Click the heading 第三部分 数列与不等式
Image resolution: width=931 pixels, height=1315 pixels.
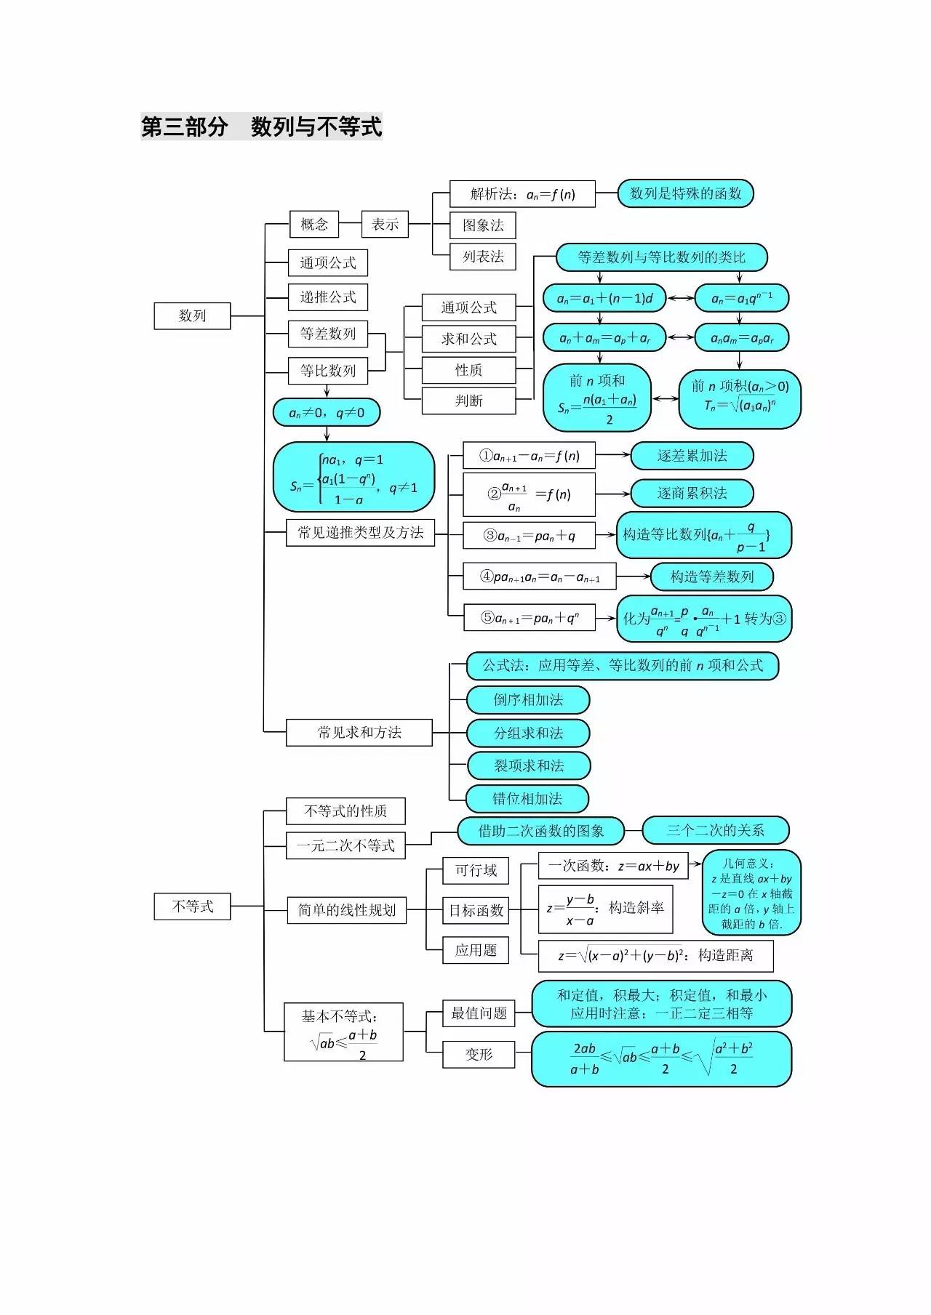pos(261,126)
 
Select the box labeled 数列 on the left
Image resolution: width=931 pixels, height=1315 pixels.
pos(192,315)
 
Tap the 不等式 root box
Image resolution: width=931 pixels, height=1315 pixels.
pos(192,906)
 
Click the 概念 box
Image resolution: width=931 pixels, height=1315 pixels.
pos(314,224)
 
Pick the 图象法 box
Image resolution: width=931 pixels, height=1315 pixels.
pos(483,225)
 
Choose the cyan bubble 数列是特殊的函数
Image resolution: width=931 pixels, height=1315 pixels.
pos(685,193)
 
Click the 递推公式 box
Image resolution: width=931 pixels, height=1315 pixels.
pos(328,297)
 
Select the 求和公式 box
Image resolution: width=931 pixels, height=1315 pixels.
pos(468,339)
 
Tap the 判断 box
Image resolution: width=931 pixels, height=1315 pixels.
pos(468,401)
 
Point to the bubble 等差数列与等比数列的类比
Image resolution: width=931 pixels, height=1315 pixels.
pos(662,257)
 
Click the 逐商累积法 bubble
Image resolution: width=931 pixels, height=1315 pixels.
pos(692,493)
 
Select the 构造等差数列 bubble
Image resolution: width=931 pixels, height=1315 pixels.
pos(711,576)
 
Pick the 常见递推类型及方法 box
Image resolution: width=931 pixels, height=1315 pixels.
pos(360,532)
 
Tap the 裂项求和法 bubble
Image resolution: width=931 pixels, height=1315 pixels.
pos(528,765)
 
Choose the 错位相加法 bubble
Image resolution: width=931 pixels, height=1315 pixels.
pos(527,799)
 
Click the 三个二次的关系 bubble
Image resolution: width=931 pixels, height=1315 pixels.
pos(715,830)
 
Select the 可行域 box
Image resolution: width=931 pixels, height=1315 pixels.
pos(476,870)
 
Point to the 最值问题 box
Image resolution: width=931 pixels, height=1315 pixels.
pos(479,1013)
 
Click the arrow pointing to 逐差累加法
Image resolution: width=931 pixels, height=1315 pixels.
pos(612,455)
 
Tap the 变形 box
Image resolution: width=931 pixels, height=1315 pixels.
pos(479,1055)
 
